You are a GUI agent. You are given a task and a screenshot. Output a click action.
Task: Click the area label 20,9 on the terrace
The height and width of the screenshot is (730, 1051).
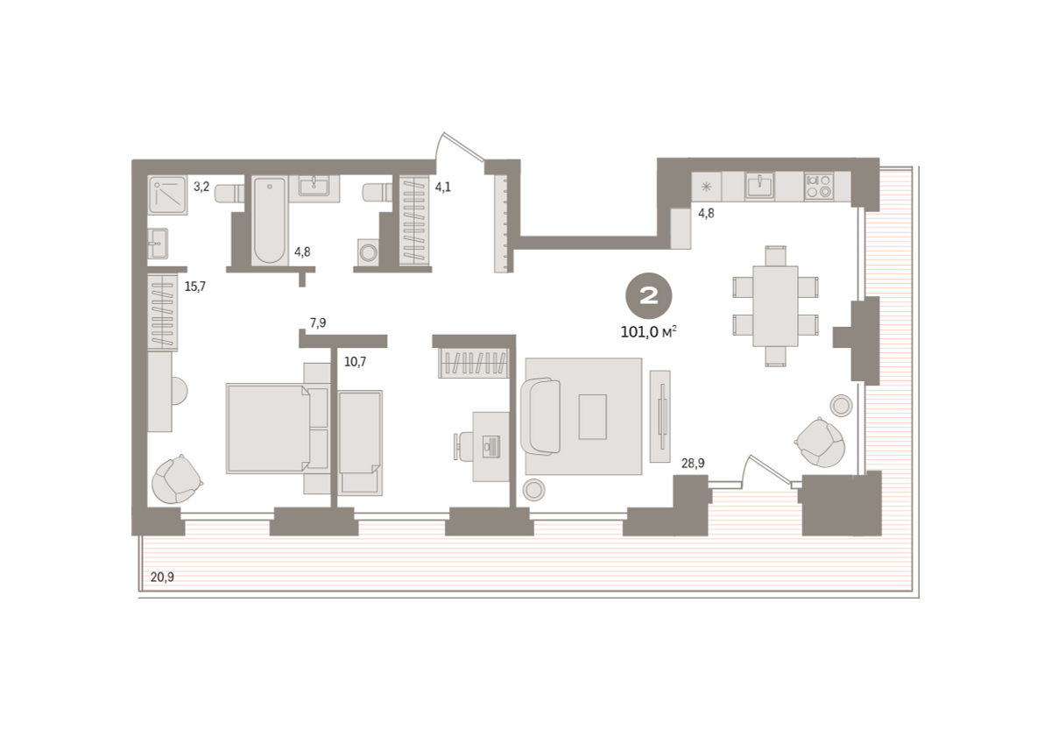[162, 577]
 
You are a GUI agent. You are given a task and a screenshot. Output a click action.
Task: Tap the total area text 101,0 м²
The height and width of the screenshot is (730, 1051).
[648, 332]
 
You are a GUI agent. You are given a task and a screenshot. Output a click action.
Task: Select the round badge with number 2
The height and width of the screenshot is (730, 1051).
[648, 295]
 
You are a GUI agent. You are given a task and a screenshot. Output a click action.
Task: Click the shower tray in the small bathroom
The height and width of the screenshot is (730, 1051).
[167, 195]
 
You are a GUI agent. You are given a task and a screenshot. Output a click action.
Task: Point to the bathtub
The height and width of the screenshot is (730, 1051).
[270, 221]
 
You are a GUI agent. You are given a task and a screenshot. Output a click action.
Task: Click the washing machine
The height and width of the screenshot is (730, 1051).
[369, 252]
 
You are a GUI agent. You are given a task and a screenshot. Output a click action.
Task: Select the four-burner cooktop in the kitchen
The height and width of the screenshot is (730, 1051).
[819, 187]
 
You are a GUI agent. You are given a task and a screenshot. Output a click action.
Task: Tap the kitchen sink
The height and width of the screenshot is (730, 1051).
[759, 186]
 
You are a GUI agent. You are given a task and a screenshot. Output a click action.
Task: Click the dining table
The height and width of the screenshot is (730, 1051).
[775, 306]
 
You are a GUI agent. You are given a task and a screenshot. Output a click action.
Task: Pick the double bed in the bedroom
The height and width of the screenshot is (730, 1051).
[277, 429]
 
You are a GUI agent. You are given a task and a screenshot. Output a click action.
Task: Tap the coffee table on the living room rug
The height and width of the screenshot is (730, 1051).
[592, 416]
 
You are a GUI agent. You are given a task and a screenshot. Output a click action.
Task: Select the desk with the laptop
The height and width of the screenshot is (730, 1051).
[490, 446]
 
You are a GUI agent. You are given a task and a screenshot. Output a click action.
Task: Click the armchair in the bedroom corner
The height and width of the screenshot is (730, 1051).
[177, 478]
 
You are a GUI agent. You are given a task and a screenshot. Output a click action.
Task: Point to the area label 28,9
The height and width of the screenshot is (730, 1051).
[693, 464]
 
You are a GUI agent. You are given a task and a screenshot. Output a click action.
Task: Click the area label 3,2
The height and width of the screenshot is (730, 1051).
[201, 187]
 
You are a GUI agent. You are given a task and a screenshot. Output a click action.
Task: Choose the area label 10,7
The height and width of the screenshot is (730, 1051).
[356, 361]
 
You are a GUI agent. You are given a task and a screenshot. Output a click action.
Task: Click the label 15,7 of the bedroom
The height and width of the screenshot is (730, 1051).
[194, 286]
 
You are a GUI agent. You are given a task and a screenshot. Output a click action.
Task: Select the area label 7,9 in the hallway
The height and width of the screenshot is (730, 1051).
[318, 322]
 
